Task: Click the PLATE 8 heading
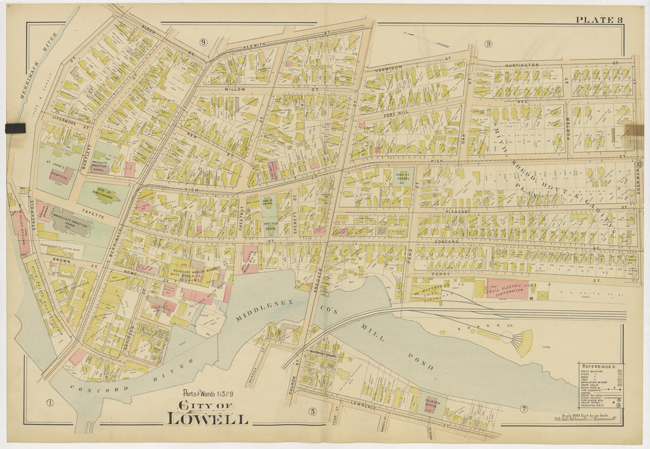click(599, 20)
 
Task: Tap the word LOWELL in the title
click(207, 419)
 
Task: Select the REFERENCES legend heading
click(599, 366)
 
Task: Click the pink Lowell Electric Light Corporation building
click(507, 289)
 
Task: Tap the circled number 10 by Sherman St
click(639, 164)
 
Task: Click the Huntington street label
click(522, 64)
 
